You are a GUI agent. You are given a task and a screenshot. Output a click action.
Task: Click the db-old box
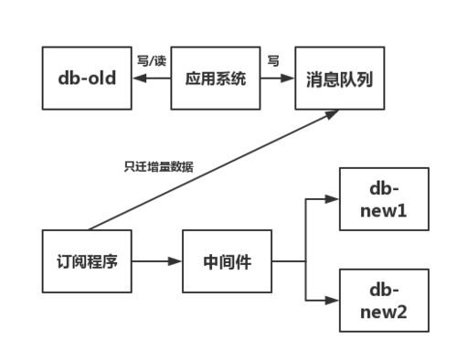click(86, 79)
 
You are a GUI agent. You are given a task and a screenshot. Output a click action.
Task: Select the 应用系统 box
click(216, 79)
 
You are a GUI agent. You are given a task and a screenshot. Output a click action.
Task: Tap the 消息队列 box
click(339, 79)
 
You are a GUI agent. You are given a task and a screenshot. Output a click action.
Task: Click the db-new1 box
click(383, 200)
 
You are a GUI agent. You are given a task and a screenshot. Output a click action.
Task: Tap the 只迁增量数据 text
click(160, 167)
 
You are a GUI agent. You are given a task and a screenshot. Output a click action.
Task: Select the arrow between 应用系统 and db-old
click(152, 79)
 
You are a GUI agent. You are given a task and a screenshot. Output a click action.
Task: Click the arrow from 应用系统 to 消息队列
click(273, 79)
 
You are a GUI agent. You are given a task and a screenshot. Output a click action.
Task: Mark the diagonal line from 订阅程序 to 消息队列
click(210, 170)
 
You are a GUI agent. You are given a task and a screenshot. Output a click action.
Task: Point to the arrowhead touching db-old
click(136, 79)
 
